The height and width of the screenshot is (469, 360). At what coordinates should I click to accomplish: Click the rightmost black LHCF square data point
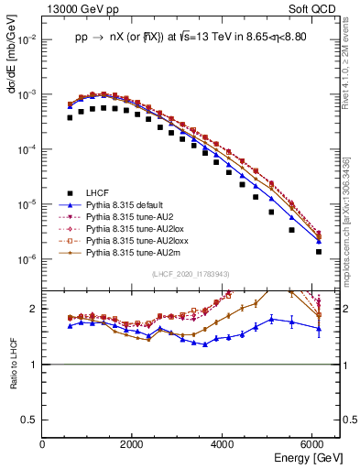[319, 252]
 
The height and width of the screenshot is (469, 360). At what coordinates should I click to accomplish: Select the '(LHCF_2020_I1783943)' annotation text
[191, 273]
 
